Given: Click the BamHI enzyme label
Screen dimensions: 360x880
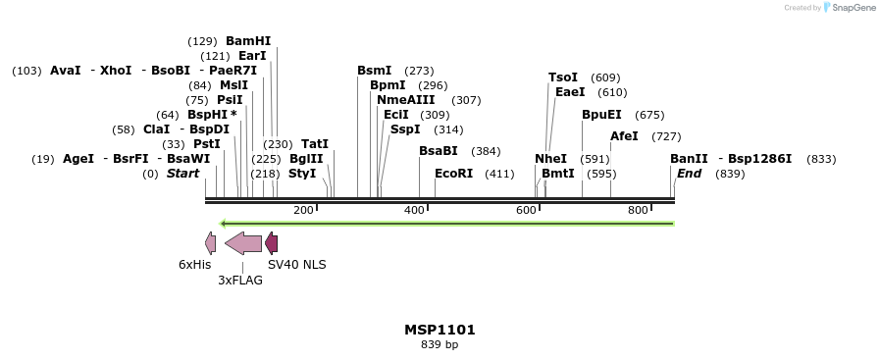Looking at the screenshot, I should coord(247,41).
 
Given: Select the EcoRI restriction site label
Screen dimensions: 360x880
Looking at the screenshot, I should coord(453,174).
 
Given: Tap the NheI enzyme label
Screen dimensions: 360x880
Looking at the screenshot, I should coord(550,159).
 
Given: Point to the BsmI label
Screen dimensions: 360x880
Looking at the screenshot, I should coord(374,71).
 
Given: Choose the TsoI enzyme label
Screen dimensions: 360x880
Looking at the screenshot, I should coord(563,77).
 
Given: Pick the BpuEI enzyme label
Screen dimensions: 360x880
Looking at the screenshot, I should coord(601,115).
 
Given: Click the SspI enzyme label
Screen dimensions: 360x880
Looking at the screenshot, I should coord(405,129).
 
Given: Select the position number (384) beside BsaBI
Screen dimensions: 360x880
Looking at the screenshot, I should coord(486,151).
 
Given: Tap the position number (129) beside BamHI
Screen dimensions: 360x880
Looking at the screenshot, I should coord(202,41).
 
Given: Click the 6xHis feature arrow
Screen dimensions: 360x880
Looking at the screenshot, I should coord(210,243).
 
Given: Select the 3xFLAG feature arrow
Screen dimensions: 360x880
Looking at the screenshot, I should coord(243,243).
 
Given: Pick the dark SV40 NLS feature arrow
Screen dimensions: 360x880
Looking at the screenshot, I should coord(272,243).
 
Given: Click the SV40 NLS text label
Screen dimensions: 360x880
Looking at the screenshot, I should coord(297,265).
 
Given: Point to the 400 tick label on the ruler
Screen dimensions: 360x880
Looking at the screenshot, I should coord(415,211).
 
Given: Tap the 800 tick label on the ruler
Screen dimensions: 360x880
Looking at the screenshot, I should coord(638,211).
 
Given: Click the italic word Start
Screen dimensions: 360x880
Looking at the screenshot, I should coord(182,174).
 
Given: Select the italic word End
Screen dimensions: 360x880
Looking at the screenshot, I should coord(689,174).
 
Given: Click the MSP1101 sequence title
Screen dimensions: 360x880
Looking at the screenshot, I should coord(440,330).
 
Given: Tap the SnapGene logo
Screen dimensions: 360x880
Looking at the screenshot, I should coord(849,8).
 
